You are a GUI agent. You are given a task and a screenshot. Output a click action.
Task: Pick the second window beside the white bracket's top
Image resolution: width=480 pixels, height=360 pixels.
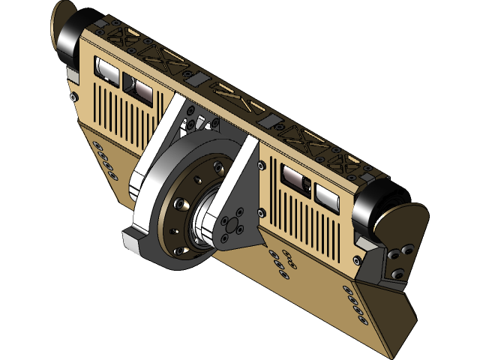[139, 88]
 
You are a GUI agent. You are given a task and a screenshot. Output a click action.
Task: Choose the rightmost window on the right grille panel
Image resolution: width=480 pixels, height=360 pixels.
[328, 197]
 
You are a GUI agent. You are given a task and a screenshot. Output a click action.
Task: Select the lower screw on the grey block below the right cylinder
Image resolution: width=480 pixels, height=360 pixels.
[397, 274]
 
